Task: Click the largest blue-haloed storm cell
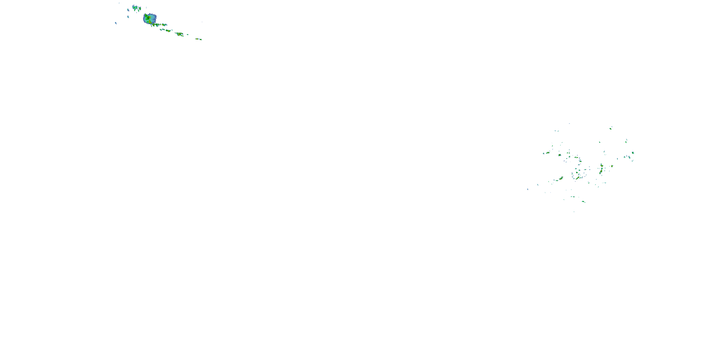[x=150, y=19]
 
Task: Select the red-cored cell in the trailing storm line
[x=180, y=34]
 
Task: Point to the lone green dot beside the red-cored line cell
[x=187, y=35]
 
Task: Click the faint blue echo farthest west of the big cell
[x=116, y=23]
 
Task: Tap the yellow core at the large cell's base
[x=150, y=22]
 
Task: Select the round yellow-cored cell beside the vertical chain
[x=612, y=166]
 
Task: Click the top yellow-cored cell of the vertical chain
[x=601, y=165]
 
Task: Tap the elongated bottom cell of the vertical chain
[x=601, y=172]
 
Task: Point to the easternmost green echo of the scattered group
[x=633, y=153]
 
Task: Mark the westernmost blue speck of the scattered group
[x=528, y=189]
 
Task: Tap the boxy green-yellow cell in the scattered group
[x=560, y=155]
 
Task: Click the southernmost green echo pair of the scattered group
[x=583, y=202]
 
